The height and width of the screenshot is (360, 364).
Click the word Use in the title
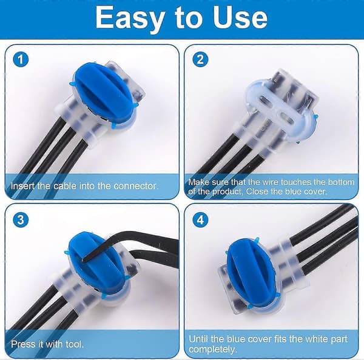pos(240,18)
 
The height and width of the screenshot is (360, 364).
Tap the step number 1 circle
pos(21,59)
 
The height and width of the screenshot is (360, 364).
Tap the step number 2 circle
pos(200,59)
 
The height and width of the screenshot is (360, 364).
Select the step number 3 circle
pos(21,219)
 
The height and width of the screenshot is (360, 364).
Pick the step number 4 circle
pos(200,219)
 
